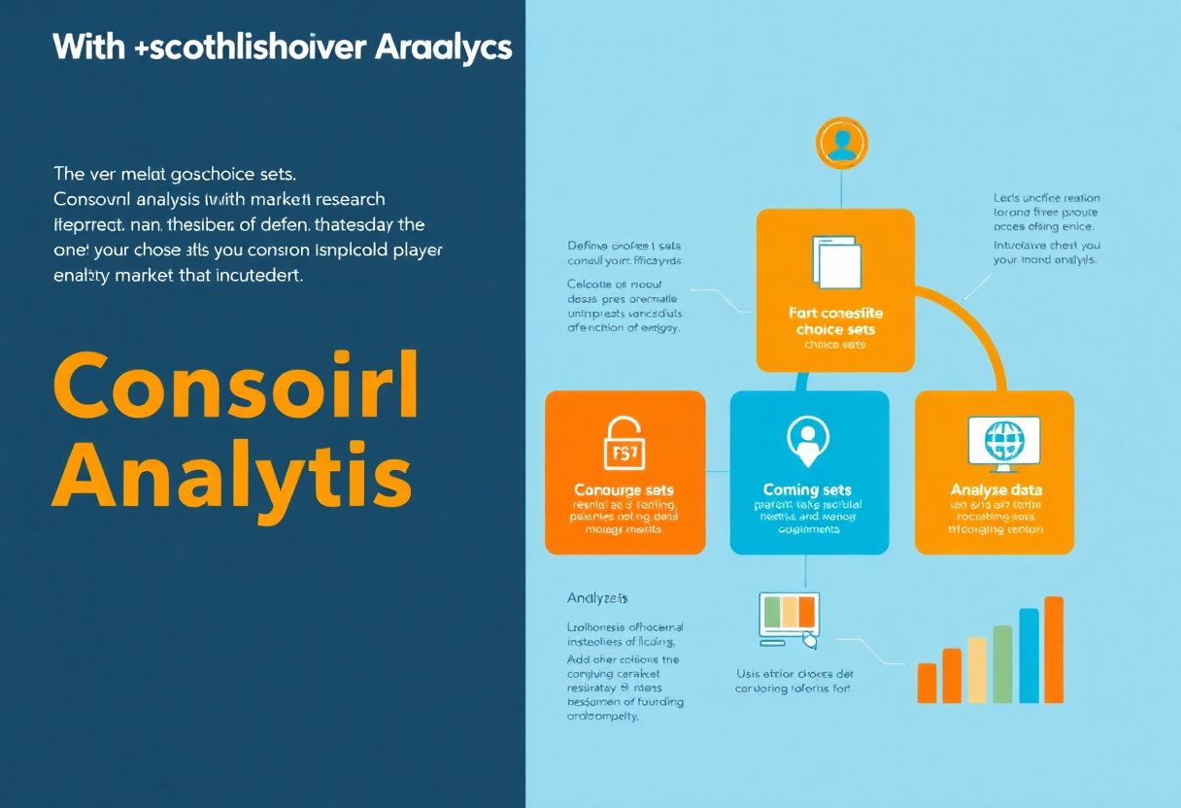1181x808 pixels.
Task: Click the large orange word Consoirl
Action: point(236,386)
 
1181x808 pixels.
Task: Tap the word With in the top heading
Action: point(88,47)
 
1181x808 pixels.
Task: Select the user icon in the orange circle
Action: point(841,142)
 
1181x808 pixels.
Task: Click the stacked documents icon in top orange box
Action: point(834,260)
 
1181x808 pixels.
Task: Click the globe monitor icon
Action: point(1003,443)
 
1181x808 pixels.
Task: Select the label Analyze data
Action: point(995,490)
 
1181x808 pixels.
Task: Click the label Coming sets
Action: point(808,490)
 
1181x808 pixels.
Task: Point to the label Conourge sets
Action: point(624,490)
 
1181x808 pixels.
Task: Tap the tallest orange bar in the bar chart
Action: point(1053,649)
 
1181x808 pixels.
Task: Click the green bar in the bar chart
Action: point(1002,663)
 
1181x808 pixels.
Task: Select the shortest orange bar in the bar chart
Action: point(927,683)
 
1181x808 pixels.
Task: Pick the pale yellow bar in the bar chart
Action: point(977,669)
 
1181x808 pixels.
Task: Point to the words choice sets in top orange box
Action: point(835,330)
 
